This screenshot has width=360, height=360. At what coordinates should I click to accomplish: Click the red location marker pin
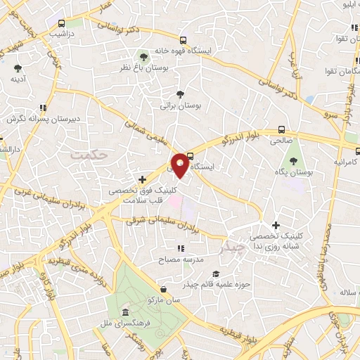pyautogui.click(x=181, y=165)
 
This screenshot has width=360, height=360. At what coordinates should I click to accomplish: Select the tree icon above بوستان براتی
pyautogui.click(x=181, y=94)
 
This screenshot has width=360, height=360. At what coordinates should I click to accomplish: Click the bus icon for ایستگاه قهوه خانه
pyautogui.click(x=183, y=40)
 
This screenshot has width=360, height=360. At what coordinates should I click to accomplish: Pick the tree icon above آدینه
pyautogui.click(x=18, y=68)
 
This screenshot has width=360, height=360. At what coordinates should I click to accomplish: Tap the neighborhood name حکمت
pyautogui.click(x=91, y=151)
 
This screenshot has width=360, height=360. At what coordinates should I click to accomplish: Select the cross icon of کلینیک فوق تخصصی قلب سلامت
pyautogui.click(x=143, y=180)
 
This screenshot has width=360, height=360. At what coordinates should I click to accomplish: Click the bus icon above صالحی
pyautogui.click(x=281, y=129)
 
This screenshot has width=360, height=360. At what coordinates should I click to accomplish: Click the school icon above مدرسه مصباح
pyautogui.click(x=181, y=248)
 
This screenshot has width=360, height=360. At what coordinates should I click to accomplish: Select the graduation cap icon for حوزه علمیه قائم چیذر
pyautogui.click(x=216, y=274)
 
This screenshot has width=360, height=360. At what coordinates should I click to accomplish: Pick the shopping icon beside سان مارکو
pyautogui.click(x=163, y=289)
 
